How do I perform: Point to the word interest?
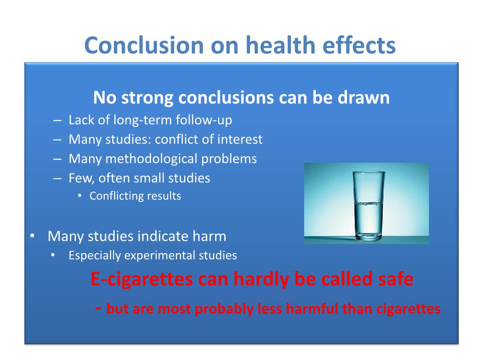(240, 139)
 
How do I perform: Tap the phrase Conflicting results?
(135, 196)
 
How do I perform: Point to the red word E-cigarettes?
(141, 279)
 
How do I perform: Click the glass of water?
(369, 205)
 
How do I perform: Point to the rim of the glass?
(369, 172)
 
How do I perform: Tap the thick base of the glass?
(369, 236)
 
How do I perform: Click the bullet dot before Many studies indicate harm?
(32, 237)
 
